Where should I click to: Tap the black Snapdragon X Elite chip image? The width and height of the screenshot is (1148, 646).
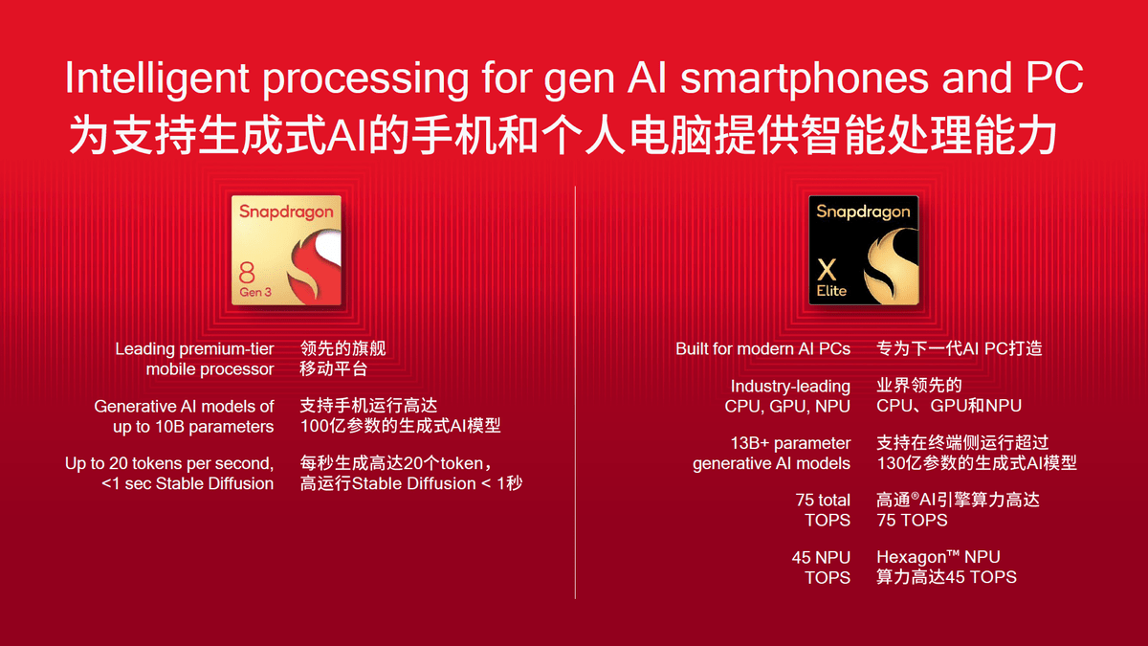(864, 252)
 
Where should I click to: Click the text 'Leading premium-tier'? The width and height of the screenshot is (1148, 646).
(194, 348)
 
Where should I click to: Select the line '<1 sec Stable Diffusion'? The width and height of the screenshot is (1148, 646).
(188, 483)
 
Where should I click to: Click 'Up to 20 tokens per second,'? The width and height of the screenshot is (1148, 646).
(169, 463)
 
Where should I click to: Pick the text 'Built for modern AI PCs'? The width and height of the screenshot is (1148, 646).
(762, 348)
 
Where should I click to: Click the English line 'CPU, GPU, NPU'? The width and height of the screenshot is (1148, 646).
(787, 406)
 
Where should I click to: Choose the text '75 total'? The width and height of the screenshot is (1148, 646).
(822, 500)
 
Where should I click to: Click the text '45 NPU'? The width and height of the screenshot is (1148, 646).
(821, 557)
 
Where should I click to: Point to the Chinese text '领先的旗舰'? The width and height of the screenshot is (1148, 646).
(342, 348)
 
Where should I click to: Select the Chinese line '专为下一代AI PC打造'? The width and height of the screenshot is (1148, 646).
(959, 348)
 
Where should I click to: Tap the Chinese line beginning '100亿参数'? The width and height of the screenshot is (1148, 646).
(400, 426)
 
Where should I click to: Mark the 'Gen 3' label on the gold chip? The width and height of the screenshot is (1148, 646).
(255, 291)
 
